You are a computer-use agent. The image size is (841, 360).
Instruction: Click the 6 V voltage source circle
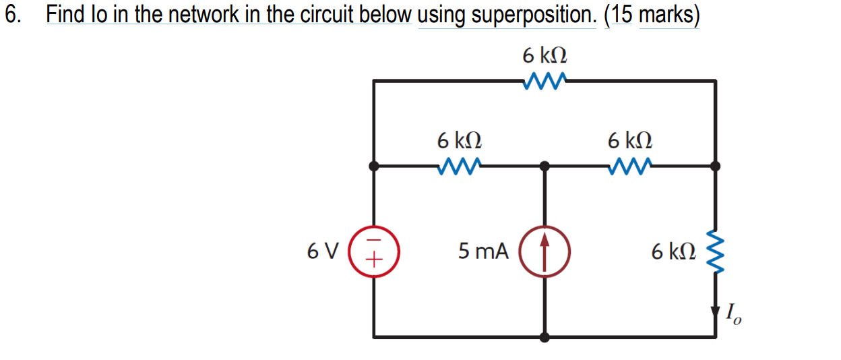coord(375,251)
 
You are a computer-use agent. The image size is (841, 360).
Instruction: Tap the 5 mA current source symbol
coord(545,251)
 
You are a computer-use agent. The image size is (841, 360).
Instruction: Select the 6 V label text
coord(323,251)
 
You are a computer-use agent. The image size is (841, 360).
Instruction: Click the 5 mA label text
coord(483,251)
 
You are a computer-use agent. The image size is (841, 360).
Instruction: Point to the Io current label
coord(734,314)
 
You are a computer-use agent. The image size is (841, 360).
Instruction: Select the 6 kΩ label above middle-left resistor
coord(459,140)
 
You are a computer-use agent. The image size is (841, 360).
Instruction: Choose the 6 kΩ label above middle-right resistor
coord(629,140)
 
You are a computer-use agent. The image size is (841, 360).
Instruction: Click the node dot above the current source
coord(545,166)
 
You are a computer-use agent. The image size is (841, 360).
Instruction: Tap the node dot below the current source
coord(545,336)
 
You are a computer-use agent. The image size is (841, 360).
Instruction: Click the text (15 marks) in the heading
coord(652,15)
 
